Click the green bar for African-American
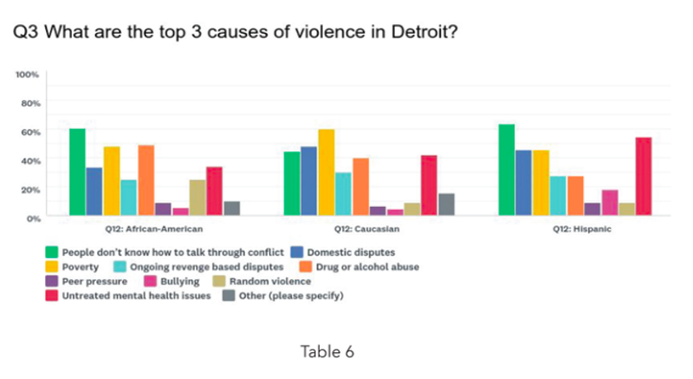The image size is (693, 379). coord(77,171)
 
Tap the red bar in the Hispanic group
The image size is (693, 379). coord(643,176)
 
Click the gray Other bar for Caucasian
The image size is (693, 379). coord(446,203)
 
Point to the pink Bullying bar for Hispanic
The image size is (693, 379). coord(609,202)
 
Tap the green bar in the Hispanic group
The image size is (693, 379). coord(507,170)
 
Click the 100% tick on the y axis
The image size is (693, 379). coord(28,75)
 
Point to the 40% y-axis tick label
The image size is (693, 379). coord(30,161)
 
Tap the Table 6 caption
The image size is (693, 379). coord(327,352)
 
